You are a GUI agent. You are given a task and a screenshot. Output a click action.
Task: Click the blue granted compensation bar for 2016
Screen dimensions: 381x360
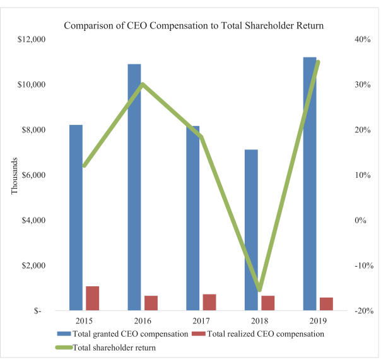134,187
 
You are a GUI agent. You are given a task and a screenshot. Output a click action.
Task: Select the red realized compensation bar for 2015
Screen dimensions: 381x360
92,298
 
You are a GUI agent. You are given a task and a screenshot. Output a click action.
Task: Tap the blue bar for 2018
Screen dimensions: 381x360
251,229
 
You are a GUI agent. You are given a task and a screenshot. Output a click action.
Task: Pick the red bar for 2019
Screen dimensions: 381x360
326,304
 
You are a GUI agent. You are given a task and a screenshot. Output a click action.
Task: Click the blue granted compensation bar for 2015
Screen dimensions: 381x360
76,218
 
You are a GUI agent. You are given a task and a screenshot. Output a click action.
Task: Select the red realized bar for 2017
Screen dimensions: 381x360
209,302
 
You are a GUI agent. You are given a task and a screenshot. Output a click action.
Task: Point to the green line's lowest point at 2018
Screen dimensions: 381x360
259,289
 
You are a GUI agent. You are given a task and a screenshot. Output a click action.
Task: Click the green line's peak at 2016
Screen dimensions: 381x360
143,84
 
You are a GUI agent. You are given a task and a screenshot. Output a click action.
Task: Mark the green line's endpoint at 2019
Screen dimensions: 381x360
318,62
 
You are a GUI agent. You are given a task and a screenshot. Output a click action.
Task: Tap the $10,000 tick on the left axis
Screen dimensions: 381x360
32,84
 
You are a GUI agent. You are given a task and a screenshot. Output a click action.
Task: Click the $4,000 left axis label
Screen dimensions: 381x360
33,220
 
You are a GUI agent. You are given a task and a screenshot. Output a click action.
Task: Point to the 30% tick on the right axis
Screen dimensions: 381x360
363,84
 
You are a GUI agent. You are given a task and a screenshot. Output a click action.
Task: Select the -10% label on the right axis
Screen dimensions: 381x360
364,265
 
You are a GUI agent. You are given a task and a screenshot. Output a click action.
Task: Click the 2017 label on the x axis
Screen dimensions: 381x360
201,321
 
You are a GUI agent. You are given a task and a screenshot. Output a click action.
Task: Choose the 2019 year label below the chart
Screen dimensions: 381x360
318,321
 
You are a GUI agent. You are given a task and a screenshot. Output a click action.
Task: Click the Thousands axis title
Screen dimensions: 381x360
15,176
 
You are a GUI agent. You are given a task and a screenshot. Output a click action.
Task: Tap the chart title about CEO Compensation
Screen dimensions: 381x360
194,25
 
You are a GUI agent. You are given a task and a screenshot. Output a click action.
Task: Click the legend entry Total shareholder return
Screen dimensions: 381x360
106,347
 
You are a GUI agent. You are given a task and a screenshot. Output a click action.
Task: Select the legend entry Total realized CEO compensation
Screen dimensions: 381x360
258,334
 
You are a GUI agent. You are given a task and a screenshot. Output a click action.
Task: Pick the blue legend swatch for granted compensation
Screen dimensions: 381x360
64,334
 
